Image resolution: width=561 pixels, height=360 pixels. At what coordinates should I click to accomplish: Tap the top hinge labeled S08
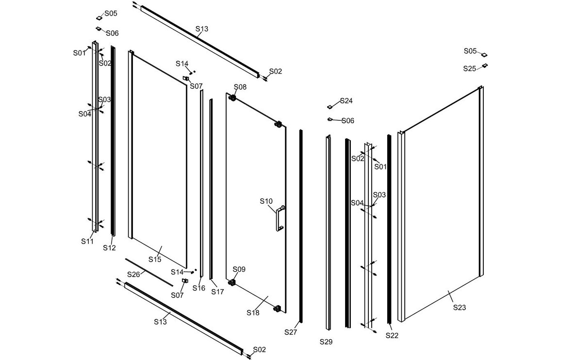point(233,98)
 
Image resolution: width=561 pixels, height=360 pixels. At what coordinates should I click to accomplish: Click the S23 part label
point(459,307)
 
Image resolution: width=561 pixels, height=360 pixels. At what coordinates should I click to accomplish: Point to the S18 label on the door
point(253,313)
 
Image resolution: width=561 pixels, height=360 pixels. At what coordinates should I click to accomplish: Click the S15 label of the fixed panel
point(154,260)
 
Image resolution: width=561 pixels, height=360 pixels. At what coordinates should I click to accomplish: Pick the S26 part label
point(133,275)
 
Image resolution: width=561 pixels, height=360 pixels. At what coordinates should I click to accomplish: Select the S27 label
point(291,332)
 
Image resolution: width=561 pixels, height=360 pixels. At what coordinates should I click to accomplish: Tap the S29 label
point(326,342)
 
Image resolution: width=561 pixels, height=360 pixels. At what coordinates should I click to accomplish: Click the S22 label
point(392,335)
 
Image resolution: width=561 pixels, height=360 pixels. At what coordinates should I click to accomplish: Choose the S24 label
point(346,101)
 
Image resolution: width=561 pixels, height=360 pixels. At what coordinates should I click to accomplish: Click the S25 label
point(470,69)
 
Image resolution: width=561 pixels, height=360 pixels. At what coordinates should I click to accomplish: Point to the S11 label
point(87,241)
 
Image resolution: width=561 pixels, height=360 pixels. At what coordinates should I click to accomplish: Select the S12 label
point(109,247)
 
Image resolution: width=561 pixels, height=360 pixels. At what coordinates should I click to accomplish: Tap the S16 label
point(199,288)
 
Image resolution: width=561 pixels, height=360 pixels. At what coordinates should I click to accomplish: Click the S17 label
point(217,292)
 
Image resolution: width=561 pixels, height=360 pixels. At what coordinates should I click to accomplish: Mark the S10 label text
point(266,201)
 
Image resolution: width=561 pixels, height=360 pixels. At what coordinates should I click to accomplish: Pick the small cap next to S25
point(484,66)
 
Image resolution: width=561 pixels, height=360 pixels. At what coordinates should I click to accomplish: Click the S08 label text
point(240,87)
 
